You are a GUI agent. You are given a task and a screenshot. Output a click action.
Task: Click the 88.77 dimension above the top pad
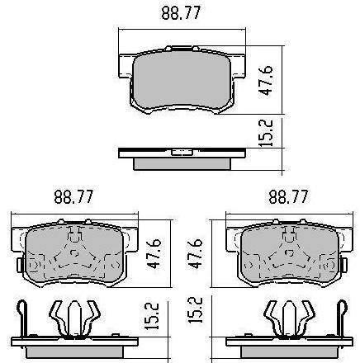181,12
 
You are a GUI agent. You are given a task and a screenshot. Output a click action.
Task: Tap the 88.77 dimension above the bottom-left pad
73,196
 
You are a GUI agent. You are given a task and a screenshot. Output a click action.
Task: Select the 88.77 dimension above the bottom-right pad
288,196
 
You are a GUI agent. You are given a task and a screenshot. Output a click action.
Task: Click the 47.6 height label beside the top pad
266,80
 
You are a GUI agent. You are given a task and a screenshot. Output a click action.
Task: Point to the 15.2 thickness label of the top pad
266,133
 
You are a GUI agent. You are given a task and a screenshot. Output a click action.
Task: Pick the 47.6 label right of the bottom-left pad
154,253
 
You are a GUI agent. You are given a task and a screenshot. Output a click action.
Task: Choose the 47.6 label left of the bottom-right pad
195,253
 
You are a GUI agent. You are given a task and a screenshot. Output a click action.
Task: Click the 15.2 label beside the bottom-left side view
152,316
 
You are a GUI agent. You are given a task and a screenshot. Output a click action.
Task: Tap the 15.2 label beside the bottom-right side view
195,309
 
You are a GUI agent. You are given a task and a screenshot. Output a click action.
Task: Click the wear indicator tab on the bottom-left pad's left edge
20,265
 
